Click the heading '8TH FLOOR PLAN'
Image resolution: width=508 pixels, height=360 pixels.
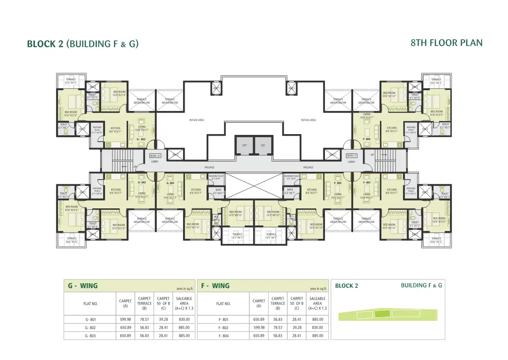click(x=446, y=43)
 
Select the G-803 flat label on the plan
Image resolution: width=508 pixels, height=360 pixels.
click(x=141, y=139)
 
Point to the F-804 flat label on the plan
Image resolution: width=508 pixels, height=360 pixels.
click(x=366, y=139)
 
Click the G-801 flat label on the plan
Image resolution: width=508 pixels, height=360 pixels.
click(x=170, y=183)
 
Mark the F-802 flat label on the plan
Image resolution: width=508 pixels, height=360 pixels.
click(x=337, y=183)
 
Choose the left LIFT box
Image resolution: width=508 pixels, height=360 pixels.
click(x=244, y=145)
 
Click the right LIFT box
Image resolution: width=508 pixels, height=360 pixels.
click(x=263, y=145)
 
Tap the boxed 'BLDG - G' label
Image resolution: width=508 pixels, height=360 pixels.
click(x=155, y=156)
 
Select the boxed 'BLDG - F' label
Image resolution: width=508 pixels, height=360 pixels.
click(x=352, y=156)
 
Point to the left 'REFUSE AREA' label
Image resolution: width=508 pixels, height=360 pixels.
click(x=197, y=120)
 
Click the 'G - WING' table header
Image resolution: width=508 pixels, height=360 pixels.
click(x=83, y=286)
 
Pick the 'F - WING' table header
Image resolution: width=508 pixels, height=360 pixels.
click(x=215, y=286)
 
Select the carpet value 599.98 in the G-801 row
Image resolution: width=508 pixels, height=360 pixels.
click(x=125, y=320)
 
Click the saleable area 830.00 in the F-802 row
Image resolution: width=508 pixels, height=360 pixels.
click(x=317, y=328)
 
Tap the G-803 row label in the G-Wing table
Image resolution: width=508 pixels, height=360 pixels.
click(x=90, y=336)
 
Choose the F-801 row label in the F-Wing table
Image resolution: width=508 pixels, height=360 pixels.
click(x=223, y=320)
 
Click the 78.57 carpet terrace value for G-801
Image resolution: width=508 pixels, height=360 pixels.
click(x=144, y=320)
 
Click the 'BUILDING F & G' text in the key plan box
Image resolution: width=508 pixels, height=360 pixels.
click(x=421, y=285)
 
